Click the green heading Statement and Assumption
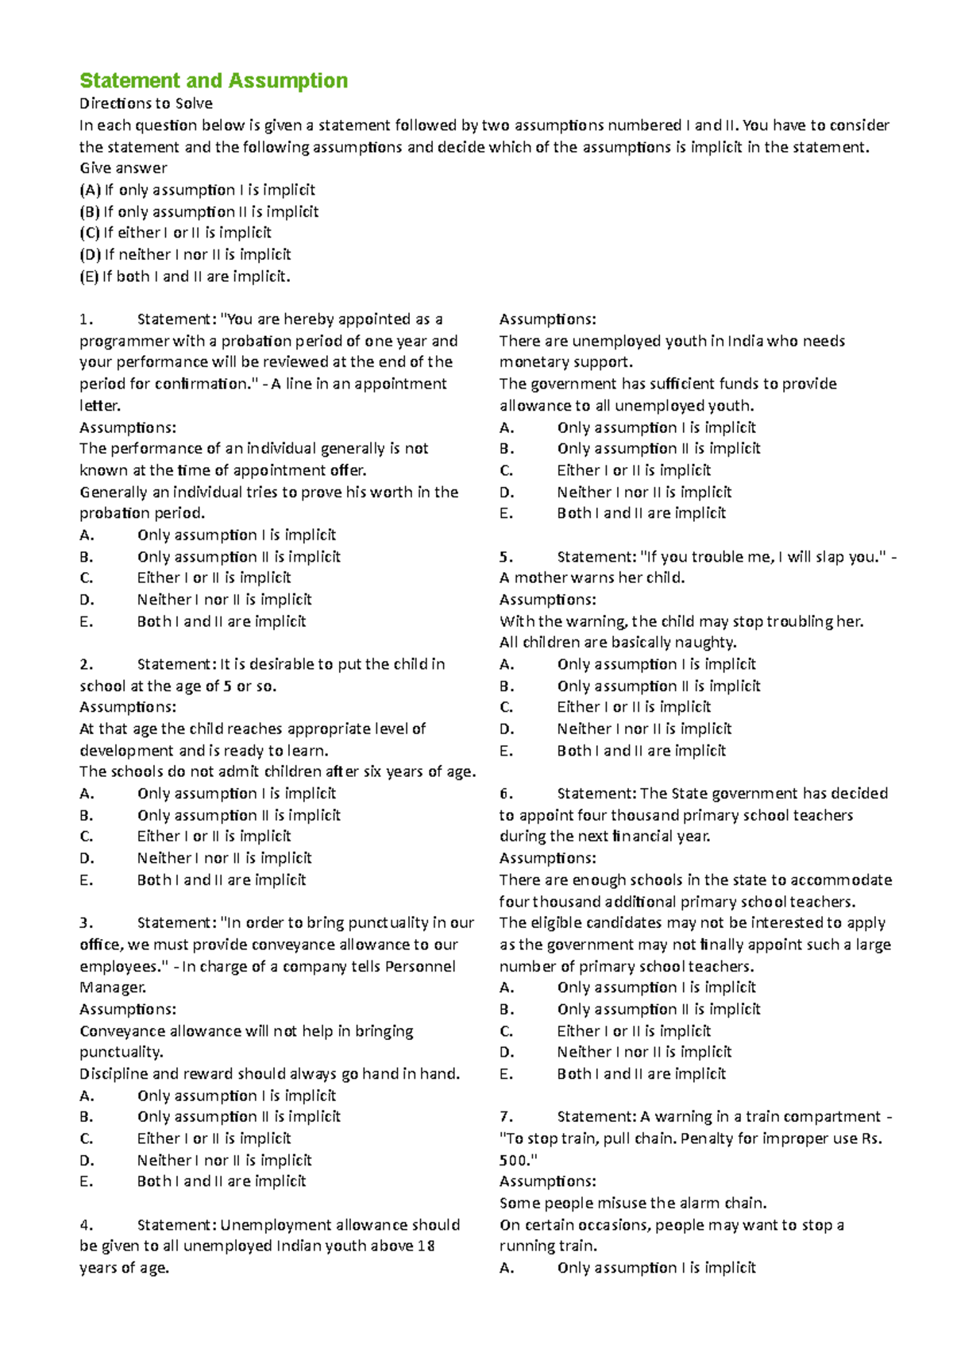214,81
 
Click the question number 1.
86,319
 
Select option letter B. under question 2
86,815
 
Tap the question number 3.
86,923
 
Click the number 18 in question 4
426,1246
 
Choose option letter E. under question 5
506,751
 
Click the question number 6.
506,794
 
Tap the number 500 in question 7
516,1160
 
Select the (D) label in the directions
90,255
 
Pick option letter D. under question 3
87,1160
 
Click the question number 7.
506,1117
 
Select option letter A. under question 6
506,988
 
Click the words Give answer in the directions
123,168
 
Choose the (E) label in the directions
89,276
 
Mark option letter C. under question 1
86,578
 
